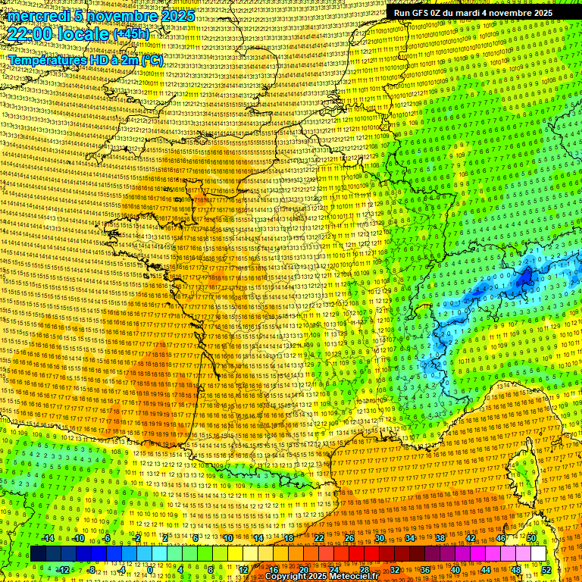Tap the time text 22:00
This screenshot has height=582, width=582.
coord(33,33)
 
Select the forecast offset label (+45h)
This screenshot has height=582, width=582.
coord(131,34)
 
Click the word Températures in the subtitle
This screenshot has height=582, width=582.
coord(45,59)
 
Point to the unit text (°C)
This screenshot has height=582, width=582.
coord(151,59)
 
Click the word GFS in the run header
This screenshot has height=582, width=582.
coord(426,13)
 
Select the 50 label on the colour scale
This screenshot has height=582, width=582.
coord(531,538)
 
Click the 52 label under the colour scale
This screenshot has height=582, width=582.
coord(546,569)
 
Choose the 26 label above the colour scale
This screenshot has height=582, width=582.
coord(349,538)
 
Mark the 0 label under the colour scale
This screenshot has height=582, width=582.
coord(151,569)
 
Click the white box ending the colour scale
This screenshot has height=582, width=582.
coord(538,554)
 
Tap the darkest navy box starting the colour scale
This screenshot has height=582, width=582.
coord(39,554)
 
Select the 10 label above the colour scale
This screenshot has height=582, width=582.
coord(227,538)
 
